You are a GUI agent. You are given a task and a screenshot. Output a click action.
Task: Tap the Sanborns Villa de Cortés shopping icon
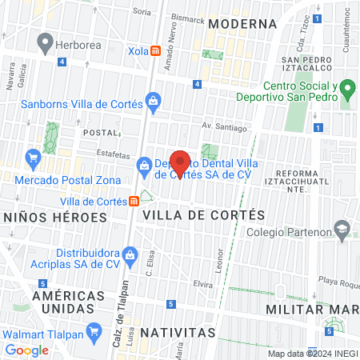(x=152, y=101)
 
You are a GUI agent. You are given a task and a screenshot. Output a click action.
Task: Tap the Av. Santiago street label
(x=221, y=125)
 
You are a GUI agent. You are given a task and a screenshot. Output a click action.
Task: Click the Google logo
(x=26, y=350)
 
